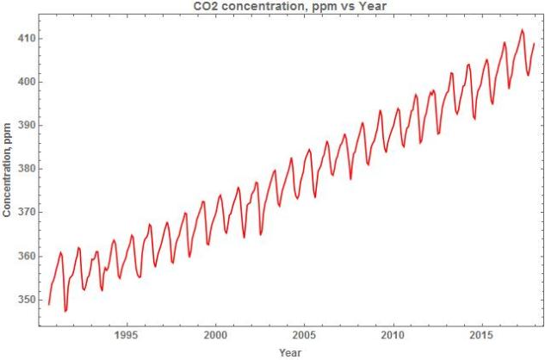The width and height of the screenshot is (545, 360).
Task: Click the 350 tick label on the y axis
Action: tap(24, 300)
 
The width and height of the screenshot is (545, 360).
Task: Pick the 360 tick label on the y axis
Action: tap(24, 256)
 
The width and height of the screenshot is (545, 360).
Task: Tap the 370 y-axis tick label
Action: tap(24, 212)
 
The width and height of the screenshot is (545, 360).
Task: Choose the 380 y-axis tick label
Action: tap(24, 169)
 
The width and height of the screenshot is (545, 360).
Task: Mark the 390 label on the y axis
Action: tap(24, 125)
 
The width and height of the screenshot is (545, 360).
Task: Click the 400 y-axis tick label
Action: tap(24, 82)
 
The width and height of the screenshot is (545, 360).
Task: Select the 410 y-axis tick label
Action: tap(24, 39)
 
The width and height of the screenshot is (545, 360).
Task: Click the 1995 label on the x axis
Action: tap(127, 334)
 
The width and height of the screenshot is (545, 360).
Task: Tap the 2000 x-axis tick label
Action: tap(215, 334)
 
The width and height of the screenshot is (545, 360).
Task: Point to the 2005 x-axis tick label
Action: tap(304, 334)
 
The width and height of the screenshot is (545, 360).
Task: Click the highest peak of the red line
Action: tap(522, 30)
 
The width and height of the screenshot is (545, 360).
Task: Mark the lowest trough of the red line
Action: tap(65, 311)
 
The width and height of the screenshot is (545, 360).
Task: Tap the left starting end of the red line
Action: tap(49, 304)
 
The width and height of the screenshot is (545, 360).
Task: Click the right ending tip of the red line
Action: tap(535, 43)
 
